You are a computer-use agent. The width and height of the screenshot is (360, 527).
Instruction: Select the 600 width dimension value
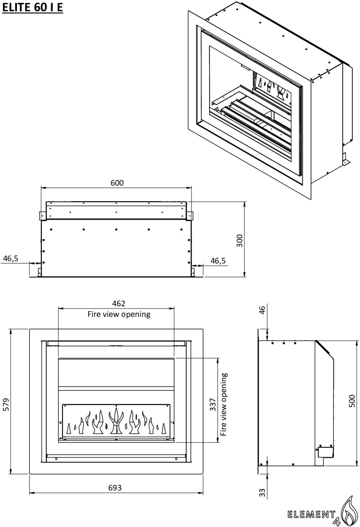click(x=117, y=183)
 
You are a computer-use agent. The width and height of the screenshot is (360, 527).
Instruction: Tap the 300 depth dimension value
click(x=240, y=240)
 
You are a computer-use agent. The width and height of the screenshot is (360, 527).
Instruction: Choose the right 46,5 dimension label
click(x=218, y=261)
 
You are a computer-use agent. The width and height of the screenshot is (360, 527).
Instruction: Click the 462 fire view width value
click(x=119, y=304)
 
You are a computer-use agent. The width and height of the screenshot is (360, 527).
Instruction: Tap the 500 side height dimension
click(x=352, y=401)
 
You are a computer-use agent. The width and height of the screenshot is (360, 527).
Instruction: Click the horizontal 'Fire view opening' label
click(x=119, y=314)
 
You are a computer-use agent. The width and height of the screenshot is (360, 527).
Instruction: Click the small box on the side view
click(x=325, y=452)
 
